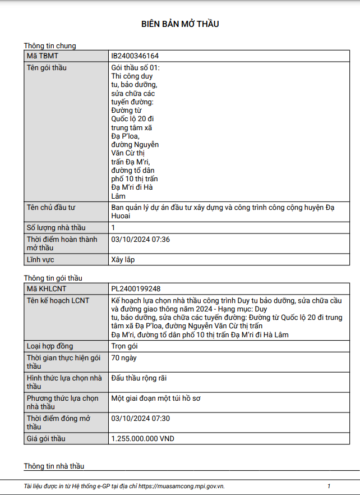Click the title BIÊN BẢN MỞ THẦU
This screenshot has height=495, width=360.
[x=180, y=24]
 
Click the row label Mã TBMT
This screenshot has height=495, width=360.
[x=43, y=56]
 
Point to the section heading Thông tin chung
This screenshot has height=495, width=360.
[x=50, y=46]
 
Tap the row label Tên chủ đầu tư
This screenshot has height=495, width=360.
[x=51, y=208]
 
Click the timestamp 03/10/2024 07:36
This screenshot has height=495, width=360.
[x=141, y=240]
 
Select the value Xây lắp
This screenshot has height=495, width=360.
[x=123, y=260]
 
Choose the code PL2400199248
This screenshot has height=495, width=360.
[x=136, y=288]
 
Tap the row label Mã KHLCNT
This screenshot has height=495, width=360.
[x=47, y=288]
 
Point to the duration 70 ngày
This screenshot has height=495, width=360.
[x=124, y=358]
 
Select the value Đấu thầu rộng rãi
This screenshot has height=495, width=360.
[x=139, y=378]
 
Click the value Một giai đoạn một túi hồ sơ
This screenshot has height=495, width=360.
[x=156, y=398]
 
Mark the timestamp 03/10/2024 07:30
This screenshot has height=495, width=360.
[x=141, y=419]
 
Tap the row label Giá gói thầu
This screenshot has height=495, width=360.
[x=50, y=439]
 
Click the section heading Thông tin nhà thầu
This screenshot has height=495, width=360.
[x=54, y=466]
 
